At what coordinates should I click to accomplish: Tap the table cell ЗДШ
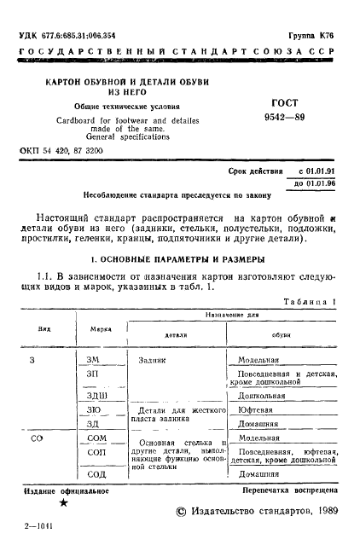pyautogui.click(x=96, y=396)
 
